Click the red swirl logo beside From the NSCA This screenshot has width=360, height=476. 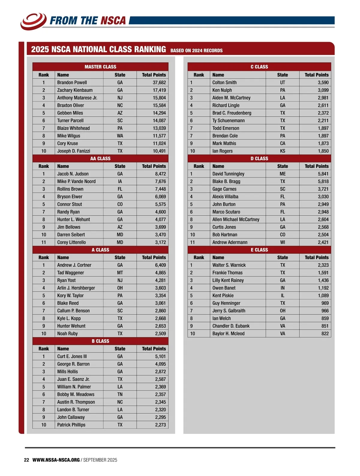coord(33,21)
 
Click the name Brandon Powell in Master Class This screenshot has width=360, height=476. coord(72,82)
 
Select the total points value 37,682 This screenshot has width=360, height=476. coord(159,82)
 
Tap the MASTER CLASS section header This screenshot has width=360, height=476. coord(100,67)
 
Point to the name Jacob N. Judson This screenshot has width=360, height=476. coord(73,174)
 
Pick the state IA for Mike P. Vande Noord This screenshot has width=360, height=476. coord(120,181)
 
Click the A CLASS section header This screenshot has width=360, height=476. coord(100,250)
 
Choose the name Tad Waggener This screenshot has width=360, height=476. coord(70,273)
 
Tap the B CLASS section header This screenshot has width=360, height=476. coord(100,341)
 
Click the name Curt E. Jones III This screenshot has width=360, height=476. coord(72,356)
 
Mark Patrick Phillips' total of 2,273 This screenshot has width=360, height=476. coord(160,425)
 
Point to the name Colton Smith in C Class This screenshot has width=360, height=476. coord(224,82)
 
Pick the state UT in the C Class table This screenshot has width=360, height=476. coord(283,82)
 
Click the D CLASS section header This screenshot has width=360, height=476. coord(259,158)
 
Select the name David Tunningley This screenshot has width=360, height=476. coord(228,174)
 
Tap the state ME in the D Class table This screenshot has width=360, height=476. coord(283,174)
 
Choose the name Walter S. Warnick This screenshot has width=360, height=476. coord(229,265)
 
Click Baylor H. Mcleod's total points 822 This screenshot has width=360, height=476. coord(325,334)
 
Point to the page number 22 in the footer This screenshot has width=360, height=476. coord(26,460)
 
